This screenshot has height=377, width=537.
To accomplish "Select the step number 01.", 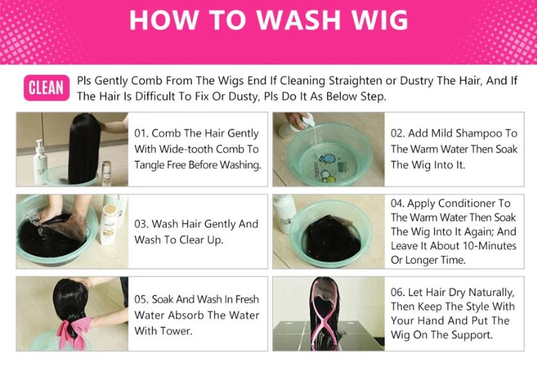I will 141,133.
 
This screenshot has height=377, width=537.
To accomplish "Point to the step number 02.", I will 398,133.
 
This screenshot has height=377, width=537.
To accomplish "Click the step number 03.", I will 141,224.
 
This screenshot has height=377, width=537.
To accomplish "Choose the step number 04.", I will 398,203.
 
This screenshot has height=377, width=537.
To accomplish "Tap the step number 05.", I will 141,299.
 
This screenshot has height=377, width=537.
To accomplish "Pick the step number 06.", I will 398,292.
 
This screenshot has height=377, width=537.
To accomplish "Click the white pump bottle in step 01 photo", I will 41,160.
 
